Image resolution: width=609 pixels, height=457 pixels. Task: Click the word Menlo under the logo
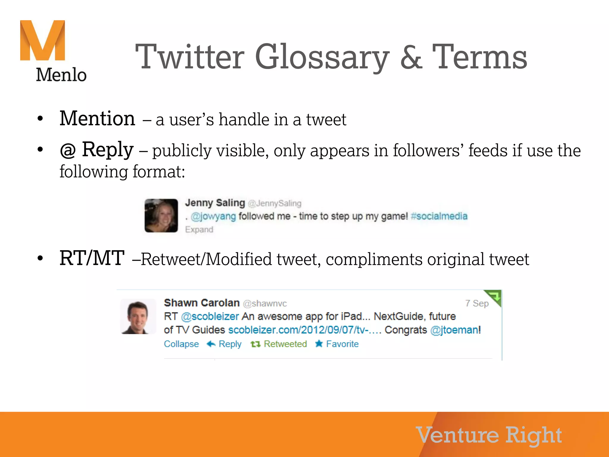pyautogui.click(x=61, y=75)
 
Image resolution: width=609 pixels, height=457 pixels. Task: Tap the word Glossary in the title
pyautogui.click(x=322, y=57)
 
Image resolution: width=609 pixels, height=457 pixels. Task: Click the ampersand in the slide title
pyautogui.click(x=411, y=57)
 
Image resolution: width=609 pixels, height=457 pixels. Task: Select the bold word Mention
pyautogui.click(x=97, y=119)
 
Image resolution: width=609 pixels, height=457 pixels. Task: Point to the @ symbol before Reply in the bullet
pyautogui.click(x=68, y=150)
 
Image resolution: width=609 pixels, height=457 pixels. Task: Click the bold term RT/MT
pyautogui.click(x=92, y=258)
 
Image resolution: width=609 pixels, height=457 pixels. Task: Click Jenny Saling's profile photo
pyautogui.click(x=161, y=215)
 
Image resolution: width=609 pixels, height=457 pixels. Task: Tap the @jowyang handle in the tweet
pyautogui.click(x=213, y=216)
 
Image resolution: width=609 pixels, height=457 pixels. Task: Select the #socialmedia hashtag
pyautogui.click(x=439, y=216)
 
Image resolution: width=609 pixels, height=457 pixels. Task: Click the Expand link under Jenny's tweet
pyautogui.click(x=199, y=230)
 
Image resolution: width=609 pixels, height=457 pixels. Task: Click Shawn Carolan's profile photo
pyautogui.click(x=138, y=317)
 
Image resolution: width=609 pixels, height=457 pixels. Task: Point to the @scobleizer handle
pyautogui.click(x=210, y=316)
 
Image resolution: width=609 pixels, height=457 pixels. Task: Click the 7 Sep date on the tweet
pyautogui.click(x=477, y=303)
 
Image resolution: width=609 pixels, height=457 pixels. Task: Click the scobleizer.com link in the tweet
pyautogui.click(x=304, y=330)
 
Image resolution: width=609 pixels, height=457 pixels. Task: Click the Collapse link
pyautogui.click(x=181, y=344)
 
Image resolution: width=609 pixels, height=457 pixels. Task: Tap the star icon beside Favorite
pyautogui.click(x=319, y=344)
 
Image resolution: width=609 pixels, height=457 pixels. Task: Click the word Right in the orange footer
pyautogui.click(x=533, y=435)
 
